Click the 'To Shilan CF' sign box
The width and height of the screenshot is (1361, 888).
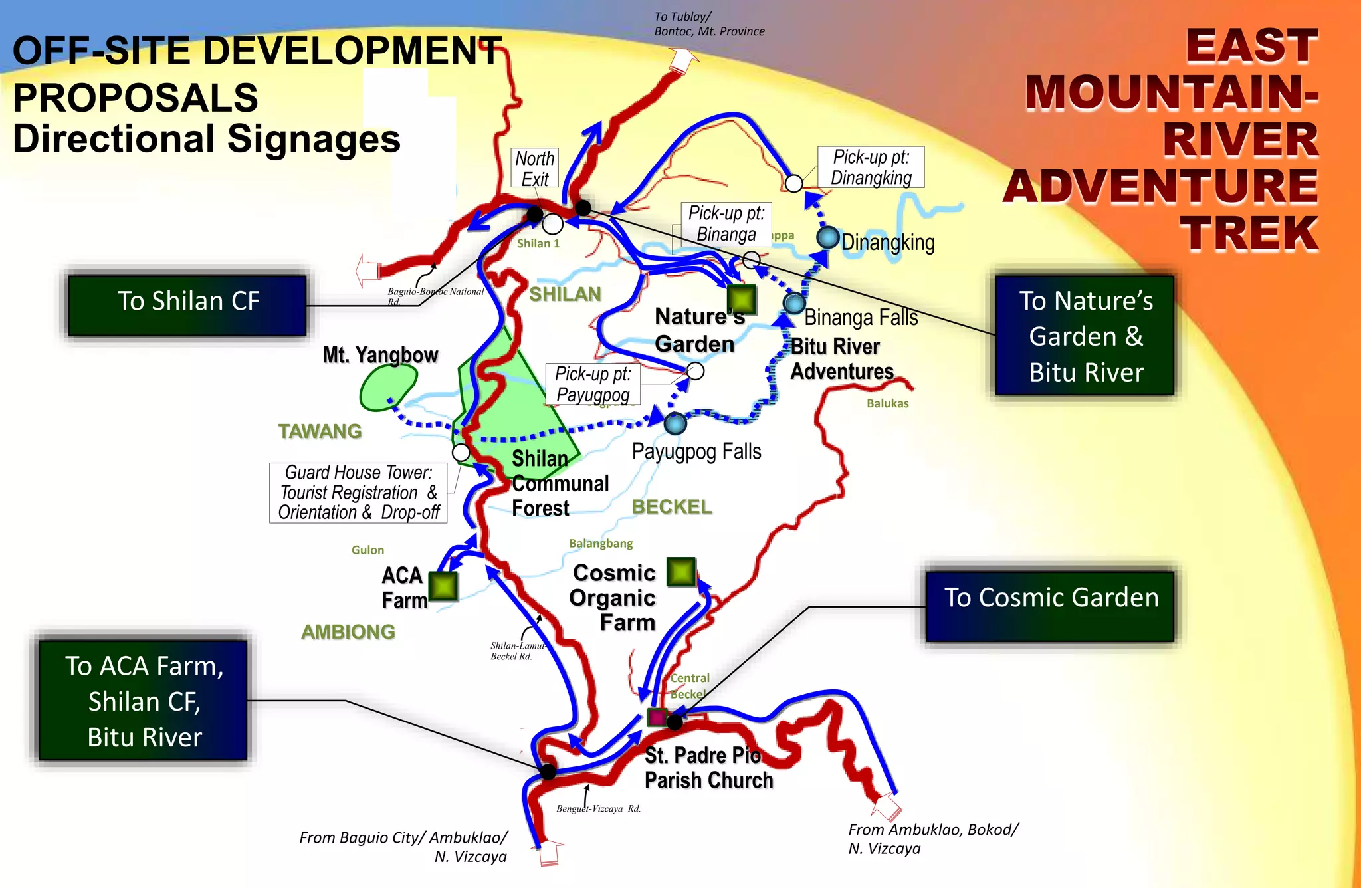click(187, 304)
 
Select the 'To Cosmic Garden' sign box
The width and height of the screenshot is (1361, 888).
click(1050, 605)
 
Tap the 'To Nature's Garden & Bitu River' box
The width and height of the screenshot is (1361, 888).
click(1085, 336)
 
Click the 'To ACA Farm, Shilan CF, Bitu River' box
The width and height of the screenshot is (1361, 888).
click(144, 701)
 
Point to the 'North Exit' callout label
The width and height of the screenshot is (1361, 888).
click(534, 169)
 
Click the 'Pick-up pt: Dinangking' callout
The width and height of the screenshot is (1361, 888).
click(871, 167)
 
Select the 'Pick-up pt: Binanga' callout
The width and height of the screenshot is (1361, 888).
click(726, 224)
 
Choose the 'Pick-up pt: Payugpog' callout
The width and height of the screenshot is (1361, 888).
click(593, 384)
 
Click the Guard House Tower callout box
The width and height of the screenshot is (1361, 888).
click(358, 493)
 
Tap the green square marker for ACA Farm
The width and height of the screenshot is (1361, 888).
click(443, 586)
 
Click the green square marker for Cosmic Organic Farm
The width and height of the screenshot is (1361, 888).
click(680, 572)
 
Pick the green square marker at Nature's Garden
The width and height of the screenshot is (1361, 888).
click(741, 299)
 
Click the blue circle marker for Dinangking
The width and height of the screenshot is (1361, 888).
click(828, 237)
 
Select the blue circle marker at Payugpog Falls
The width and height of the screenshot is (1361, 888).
click(675, 423)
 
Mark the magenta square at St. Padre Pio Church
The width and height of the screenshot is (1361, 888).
click(657, 718)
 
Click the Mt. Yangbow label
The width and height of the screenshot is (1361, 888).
click(380, 355)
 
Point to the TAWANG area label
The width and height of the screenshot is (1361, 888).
click(320, 431)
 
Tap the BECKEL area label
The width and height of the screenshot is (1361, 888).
click(671, 507)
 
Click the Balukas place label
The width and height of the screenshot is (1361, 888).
click(887, 403)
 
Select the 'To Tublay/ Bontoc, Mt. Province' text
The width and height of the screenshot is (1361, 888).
click(708, 24)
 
